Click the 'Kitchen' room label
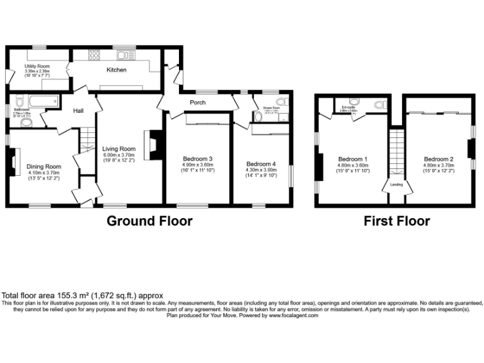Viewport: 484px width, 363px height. click(x=116, y=70)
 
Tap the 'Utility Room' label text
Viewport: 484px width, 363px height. click(x=37, y=66)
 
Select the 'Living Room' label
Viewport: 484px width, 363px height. click(x=119, y=149)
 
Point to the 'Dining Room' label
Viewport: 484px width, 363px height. click(x=43, y=166)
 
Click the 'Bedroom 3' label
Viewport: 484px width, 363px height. click(x=197, y=158)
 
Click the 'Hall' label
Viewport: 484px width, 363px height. click(x=78, y=111)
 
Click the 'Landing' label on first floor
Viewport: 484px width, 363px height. click(x=398, y=185)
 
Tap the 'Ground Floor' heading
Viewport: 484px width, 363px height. click(x=149, y=221)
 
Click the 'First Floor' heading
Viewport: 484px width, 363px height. click(x=396, y=221)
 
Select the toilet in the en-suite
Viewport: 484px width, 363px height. click(x=380, y=105)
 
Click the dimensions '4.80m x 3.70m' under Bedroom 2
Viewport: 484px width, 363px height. click(x=438, y=165)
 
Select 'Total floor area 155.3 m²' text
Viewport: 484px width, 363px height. click(x=83, y=295)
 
